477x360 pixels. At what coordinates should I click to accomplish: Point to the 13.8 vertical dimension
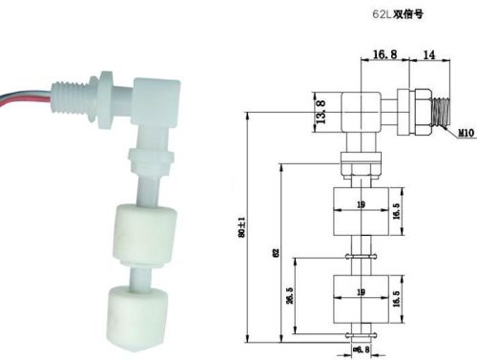(x=321, y=112)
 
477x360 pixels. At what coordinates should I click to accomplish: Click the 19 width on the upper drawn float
(x=360, y=203)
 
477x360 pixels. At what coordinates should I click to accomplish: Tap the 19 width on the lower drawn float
(x=360, y=291)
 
